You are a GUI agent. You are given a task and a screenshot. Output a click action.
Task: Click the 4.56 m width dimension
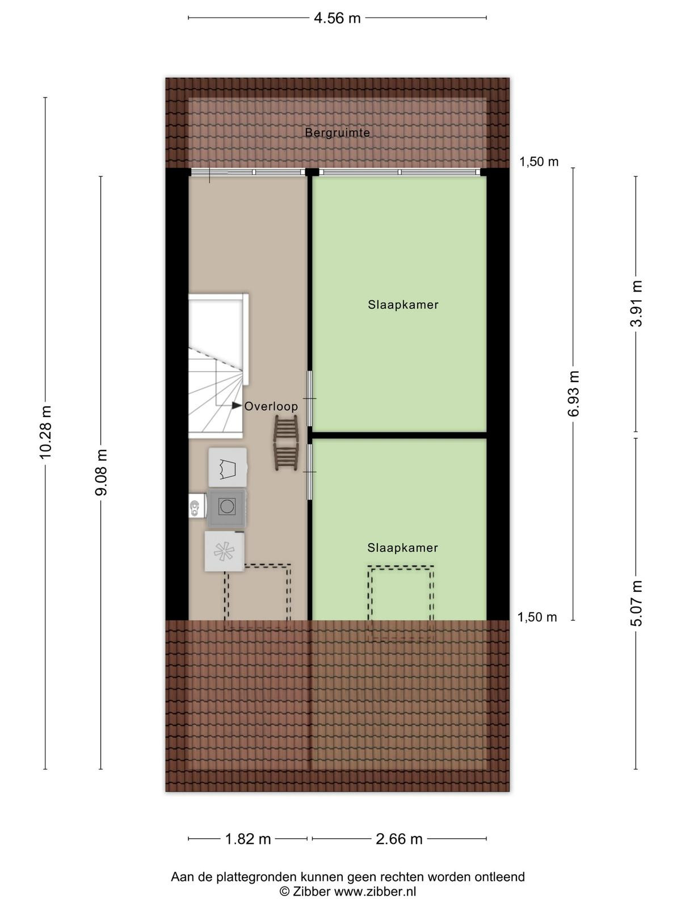[337, 18]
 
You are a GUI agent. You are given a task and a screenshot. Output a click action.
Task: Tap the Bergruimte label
[338, 132]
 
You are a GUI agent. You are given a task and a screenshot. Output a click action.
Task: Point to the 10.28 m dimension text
[45, 432]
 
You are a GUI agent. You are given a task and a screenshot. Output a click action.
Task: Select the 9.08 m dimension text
[101, 472]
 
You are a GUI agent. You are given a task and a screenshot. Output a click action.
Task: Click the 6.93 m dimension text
[574, 393]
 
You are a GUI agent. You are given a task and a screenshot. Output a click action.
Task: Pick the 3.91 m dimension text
[636, 304]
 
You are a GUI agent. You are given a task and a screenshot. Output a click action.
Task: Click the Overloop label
[271, 406]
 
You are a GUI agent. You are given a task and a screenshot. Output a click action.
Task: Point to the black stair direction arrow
[237, 406]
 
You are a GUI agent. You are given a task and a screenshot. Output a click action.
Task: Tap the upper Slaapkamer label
[403, 305]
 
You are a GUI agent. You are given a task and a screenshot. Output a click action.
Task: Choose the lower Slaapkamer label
[402, 548]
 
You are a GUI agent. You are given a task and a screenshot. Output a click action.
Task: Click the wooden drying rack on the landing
[285, 443]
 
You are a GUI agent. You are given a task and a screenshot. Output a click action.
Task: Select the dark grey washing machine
[226, 507]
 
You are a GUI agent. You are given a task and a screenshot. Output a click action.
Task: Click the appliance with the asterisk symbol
[225, 552]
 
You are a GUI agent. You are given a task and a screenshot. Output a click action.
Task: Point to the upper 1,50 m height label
[539, 162]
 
